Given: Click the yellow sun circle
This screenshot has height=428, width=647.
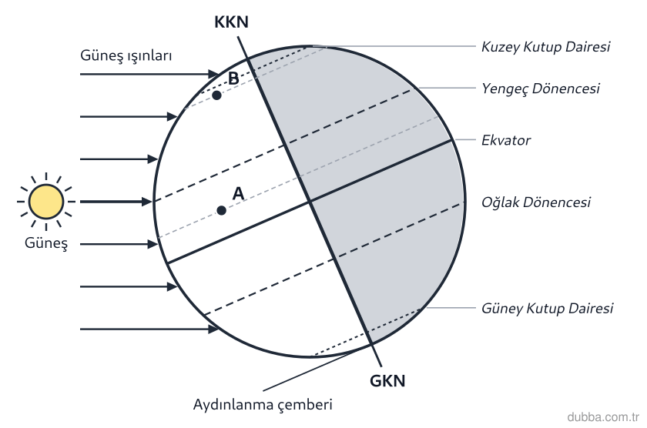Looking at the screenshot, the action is pyautogui.click(x=46, y=202).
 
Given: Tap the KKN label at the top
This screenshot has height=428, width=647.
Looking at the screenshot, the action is pyautogui.click(x=231, y=22).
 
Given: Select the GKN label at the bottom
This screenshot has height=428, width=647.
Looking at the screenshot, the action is pyautogui.click(x=387, y=381).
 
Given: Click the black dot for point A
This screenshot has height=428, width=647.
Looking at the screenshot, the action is pyautogui.click(x=222, y=211).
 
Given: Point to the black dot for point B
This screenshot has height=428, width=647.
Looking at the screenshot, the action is pyautogui.click(x=216, y=95).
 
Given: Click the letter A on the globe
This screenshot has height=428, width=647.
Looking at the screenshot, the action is pyautogui.click(x=238, y=193).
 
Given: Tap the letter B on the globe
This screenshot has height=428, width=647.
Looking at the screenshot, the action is pyautogui.click(x=233, y=79).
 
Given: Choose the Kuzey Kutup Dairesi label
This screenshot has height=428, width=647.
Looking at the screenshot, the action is pyautogui.click(x=545, y=47).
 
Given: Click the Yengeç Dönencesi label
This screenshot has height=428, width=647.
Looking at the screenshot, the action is pyautogui.click(x=541, y=89).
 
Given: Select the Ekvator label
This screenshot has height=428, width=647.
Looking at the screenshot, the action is pyautogui.click(x=506, y=140).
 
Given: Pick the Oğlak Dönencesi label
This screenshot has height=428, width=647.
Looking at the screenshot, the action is pyautogui.click(x=536, y=202).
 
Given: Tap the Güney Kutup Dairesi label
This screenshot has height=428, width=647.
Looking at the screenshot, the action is pyautogui.click(x=547, y=309).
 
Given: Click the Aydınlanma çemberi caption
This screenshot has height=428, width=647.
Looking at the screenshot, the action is pyautogui.click(x=263, y=404).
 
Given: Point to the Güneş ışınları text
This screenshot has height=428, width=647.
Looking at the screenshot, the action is pyautogui.click(x=126, y=55).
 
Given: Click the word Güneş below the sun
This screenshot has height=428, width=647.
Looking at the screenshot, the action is pyautogui.click(x=46, y=242).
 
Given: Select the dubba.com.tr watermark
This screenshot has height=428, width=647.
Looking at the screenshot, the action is pyautogui.click(x=603, y=417).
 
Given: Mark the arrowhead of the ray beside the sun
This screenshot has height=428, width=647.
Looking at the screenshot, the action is pyautogui.click(x=147, y=202).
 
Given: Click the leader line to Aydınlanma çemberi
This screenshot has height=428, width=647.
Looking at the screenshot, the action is pyautogui.click(x=310, y=369).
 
